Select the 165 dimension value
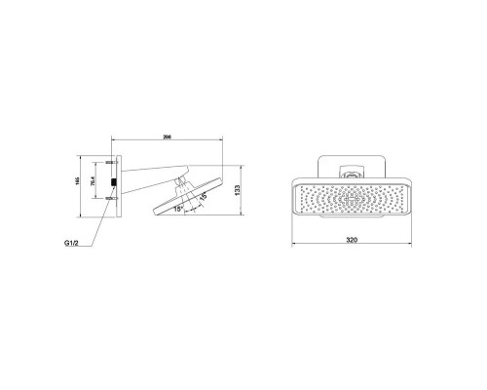[82, 179]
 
